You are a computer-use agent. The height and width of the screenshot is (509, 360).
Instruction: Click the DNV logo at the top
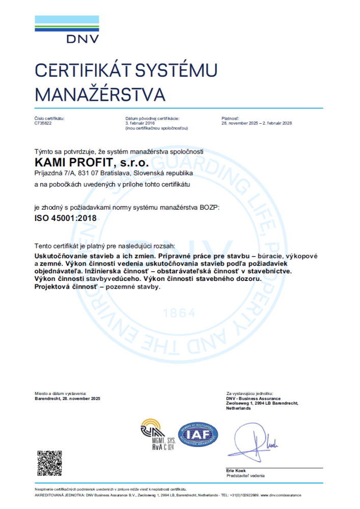pyautogui.click(x=67, y=29)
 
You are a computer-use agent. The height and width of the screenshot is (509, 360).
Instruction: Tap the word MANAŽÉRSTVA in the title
pyautogui.click(x=100, y=94)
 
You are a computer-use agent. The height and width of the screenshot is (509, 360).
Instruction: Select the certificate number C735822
pyautogui.click(x=43, y=123)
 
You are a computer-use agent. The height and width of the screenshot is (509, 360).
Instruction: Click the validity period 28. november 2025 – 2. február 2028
pyautogui.click(x=257, y=123)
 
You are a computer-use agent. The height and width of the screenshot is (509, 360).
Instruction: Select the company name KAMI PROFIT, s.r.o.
pyautogui.click(x=91, y=163)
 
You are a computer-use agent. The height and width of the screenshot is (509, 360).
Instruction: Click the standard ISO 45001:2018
pyautogui.click(x=65, y=218)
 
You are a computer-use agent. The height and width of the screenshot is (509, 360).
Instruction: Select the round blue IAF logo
pyautogui.click(x=198, y=434)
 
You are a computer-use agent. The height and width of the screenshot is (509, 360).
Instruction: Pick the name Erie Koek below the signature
pyautogui.click(x=237, y=471)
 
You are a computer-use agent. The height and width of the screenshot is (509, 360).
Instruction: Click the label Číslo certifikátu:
pyautogui.click(x=49, y=118)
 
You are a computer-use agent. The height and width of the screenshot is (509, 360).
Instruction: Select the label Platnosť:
pyautogui.click(x=230, y=118)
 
